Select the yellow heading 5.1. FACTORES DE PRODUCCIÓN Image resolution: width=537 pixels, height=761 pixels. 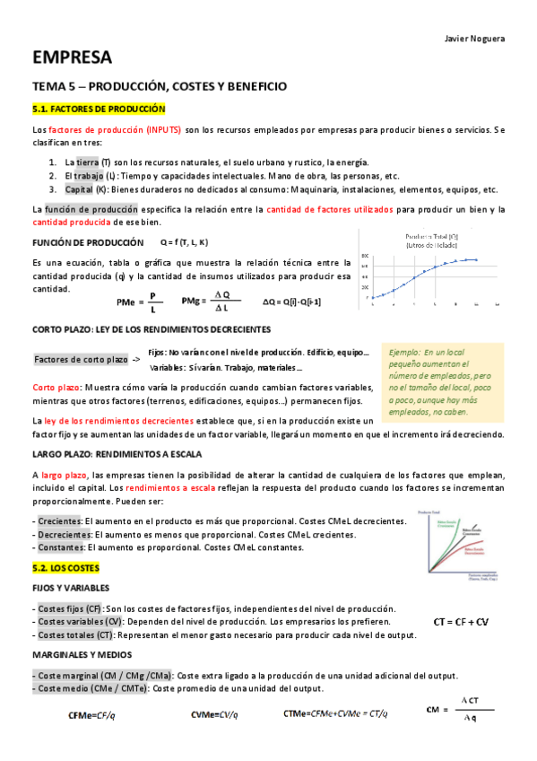point(99,109)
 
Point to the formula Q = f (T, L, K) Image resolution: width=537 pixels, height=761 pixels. point(184,242)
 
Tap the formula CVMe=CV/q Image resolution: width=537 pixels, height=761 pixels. point(214,713)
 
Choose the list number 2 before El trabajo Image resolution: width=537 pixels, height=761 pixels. point(54,176)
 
